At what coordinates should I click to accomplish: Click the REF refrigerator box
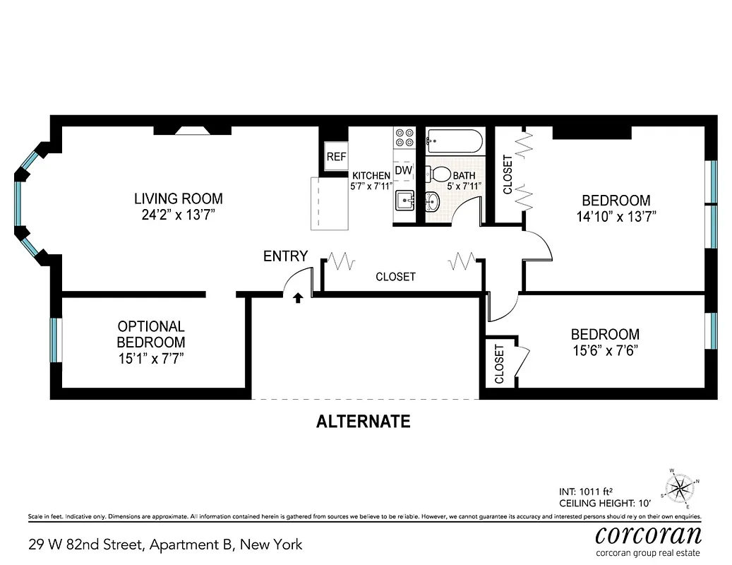pos(336,157)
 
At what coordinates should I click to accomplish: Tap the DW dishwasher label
pos(404,170)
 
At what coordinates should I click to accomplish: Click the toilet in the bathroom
pos(439,174)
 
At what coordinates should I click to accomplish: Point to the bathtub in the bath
pos(455,141)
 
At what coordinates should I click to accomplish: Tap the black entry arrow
pos(298,298)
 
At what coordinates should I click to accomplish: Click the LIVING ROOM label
pos(178,198)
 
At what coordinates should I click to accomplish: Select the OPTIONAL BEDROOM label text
pos(151,334)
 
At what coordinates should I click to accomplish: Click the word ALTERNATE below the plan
pos(363,422)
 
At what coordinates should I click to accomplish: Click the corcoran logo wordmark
pos(648,534)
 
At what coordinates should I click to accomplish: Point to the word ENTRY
pos(285,256)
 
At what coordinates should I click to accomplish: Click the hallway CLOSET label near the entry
pos(395,277)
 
